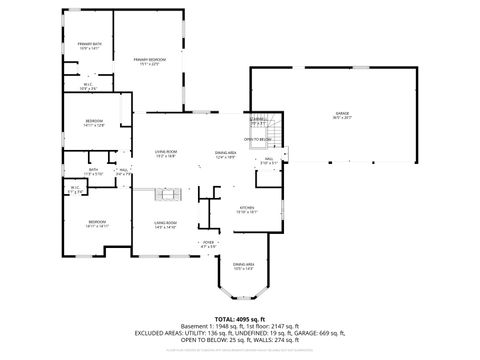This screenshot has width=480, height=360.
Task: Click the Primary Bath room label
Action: [90, 46]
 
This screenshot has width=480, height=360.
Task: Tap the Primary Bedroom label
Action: [151, 62]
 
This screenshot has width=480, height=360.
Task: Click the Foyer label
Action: [208, 243]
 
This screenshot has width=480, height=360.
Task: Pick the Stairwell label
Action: [258, 122]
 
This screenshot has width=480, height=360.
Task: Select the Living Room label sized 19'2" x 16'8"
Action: [165, 154]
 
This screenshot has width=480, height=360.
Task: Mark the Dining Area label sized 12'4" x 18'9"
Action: [225, 154]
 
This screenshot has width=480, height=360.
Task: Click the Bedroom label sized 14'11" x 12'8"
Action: [95, 123]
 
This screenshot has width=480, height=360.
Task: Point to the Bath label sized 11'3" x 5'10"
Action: [93, 171]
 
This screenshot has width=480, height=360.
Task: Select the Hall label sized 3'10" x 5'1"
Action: [269, 159]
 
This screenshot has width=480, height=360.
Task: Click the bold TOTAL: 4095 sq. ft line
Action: [240, 318]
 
